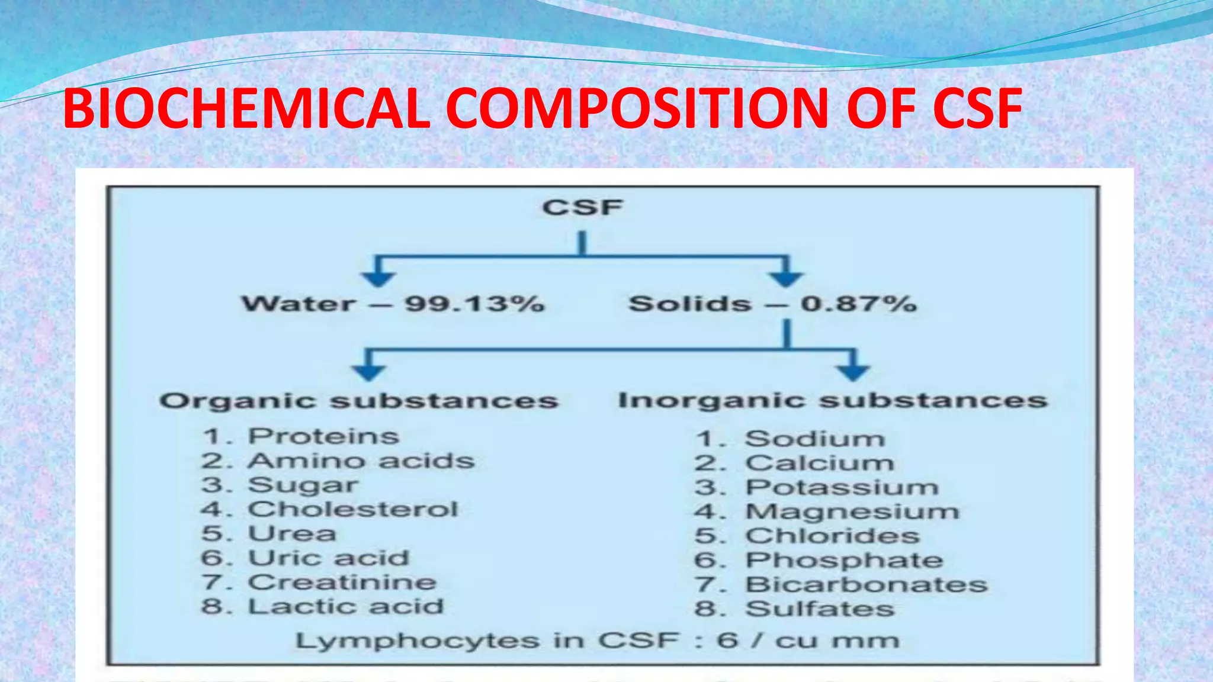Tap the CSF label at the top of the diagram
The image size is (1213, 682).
coord(582,208)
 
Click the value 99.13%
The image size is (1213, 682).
coord(474,304)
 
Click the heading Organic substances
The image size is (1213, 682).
coord(359,401)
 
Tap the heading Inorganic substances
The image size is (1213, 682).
coord(833,401)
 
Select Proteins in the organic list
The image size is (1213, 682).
coord(323,436)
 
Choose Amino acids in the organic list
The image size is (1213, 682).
coord(361,461)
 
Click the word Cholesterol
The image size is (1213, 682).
coord(353,509)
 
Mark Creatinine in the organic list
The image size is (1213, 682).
coord(342,582)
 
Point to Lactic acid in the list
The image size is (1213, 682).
coord(346,606)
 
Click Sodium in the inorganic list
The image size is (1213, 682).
coord(815,439)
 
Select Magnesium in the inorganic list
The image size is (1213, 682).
coord(852,511)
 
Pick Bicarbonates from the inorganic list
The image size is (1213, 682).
coord(867,584)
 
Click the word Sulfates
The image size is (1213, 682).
coord(820,609)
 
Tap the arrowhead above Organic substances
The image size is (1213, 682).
coord(368,372)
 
